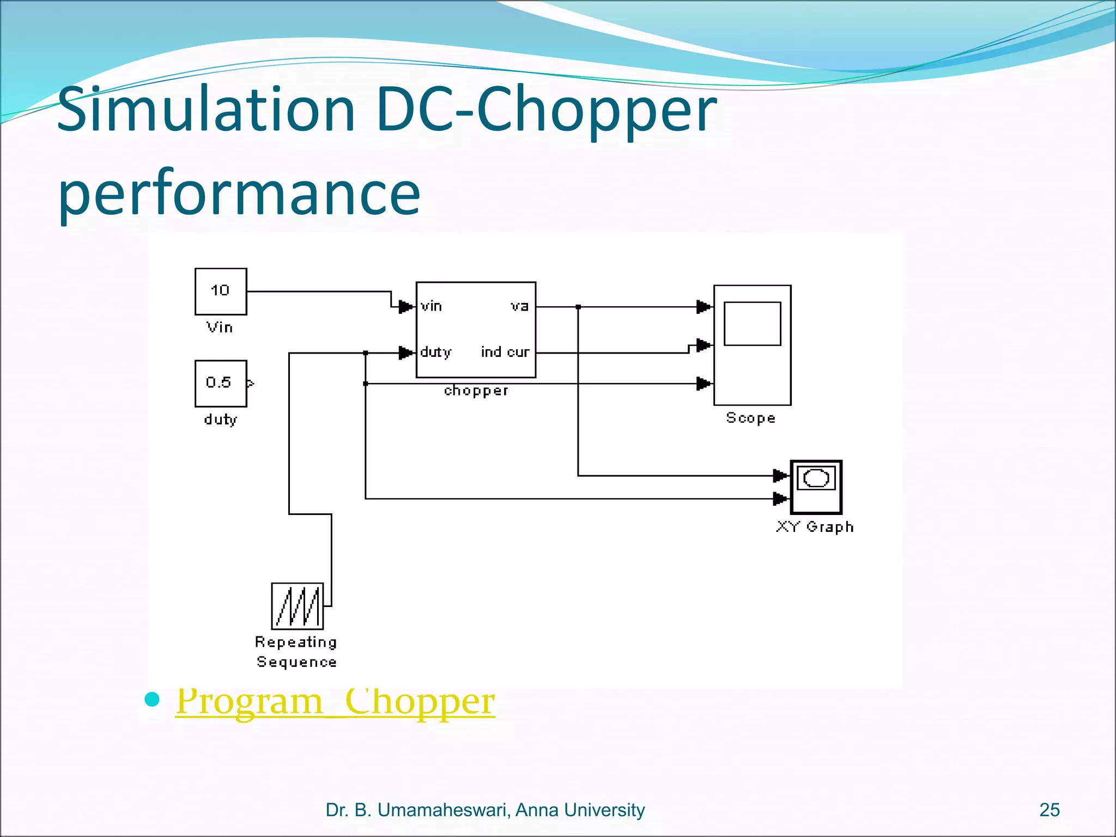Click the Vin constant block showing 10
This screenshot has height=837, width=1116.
click(221, 291)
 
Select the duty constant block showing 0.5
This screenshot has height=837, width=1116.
click(221, 383)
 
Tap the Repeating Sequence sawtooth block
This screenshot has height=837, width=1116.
click(297, 606)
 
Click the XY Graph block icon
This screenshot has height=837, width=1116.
click(816, 487)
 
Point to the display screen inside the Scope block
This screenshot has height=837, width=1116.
click(752, 324)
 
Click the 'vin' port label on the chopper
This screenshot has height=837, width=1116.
click(431, 306)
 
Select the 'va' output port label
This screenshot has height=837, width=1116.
click(519, 306)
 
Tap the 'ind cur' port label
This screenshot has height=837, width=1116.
click(505, 353)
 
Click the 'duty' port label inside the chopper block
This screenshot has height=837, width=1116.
click(435, 353)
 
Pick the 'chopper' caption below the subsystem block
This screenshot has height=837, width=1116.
click(476, 391)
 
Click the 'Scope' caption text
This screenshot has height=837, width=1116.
click(750, 418)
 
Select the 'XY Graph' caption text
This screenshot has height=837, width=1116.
click(815, 527)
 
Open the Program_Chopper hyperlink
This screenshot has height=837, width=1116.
click(335, 701)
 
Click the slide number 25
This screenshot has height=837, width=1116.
click(1049, 810)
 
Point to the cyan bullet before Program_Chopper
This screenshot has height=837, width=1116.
click(152, 699)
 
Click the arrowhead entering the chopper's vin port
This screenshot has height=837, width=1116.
click(405, 307)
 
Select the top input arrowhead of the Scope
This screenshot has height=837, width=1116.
click(703, 307)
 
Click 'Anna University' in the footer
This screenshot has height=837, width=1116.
click(580, 810)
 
